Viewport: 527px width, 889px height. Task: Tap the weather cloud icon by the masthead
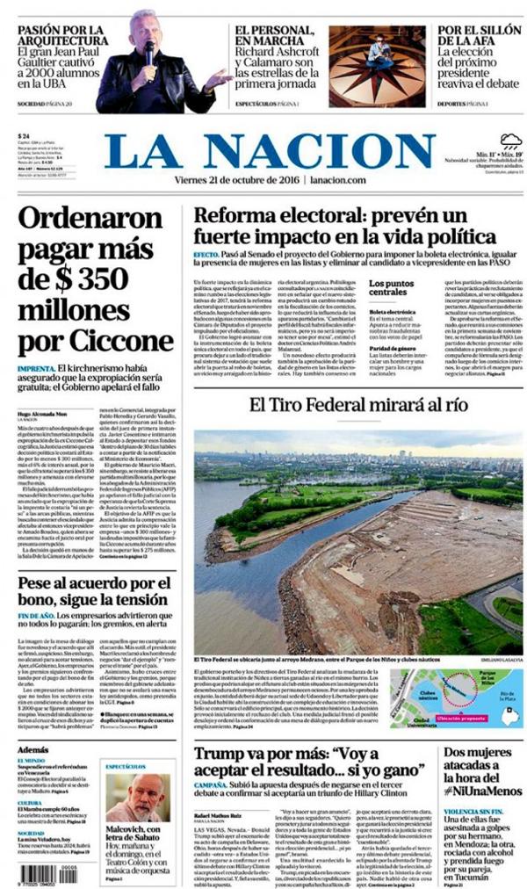pyautogui.click(x=510, y=141)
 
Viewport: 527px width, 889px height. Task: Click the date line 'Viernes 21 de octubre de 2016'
pyautogui.click(x=242, y=180)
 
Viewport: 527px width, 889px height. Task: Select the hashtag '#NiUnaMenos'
pyautogui.click(x=484, y=790)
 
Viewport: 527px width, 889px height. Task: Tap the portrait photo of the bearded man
pyautogui.click(x=137, y=796)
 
